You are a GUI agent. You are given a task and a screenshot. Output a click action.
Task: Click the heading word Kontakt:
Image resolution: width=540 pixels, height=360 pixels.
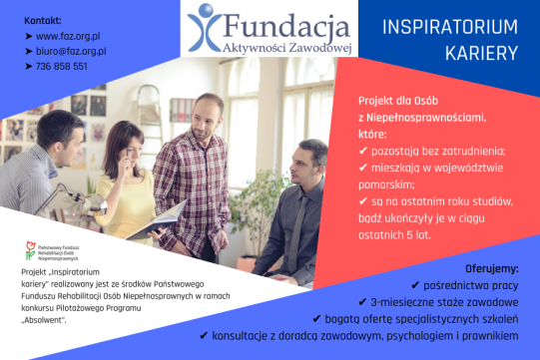(29, 20)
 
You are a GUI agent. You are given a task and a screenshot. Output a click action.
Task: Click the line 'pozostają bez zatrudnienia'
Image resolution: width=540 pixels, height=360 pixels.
(423, 151)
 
